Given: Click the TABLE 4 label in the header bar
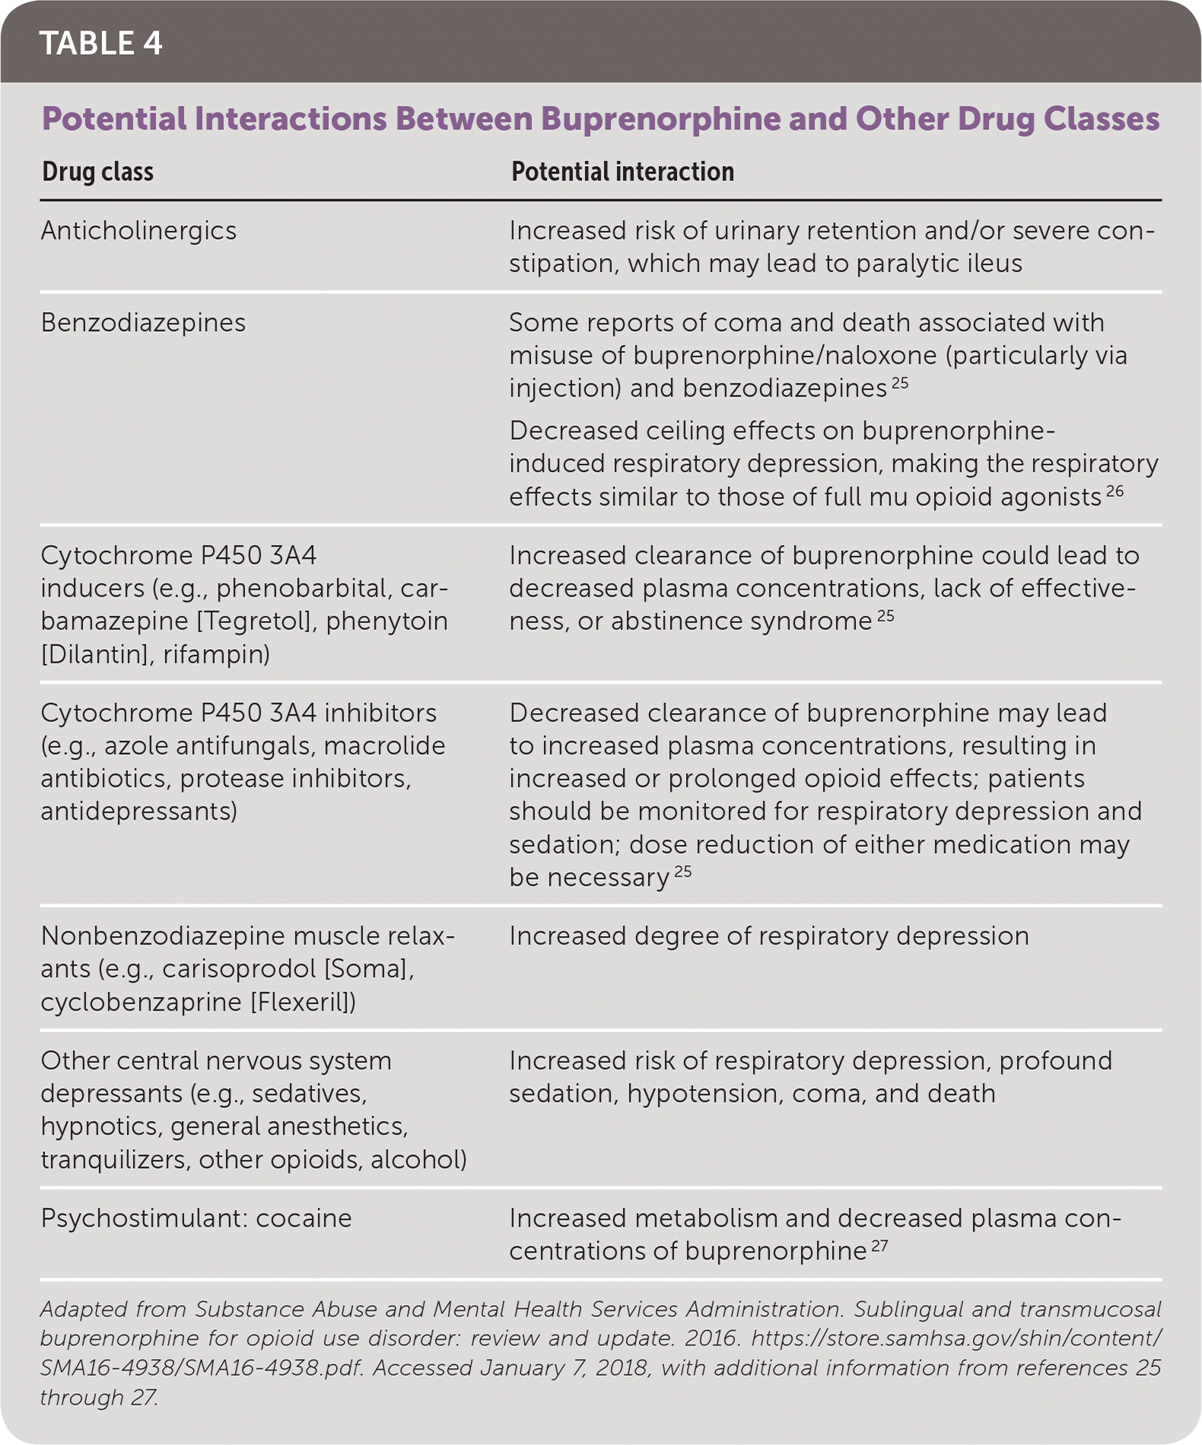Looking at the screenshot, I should tap(100, 43).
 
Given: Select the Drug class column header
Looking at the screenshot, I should tap(97, 172).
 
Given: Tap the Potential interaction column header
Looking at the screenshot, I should tap(622, 172).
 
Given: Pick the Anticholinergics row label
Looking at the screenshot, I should tap(138, 231).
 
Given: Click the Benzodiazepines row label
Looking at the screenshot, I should tap(143, 323).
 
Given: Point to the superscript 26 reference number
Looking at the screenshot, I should tap(1115, 491).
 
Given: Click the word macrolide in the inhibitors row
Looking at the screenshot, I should tap(384, 746).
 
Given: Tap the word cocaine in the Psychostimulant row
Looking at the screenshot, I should tap(304, 1218).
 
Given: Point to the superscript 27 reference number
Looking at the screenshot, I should tap(879, 1246).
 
